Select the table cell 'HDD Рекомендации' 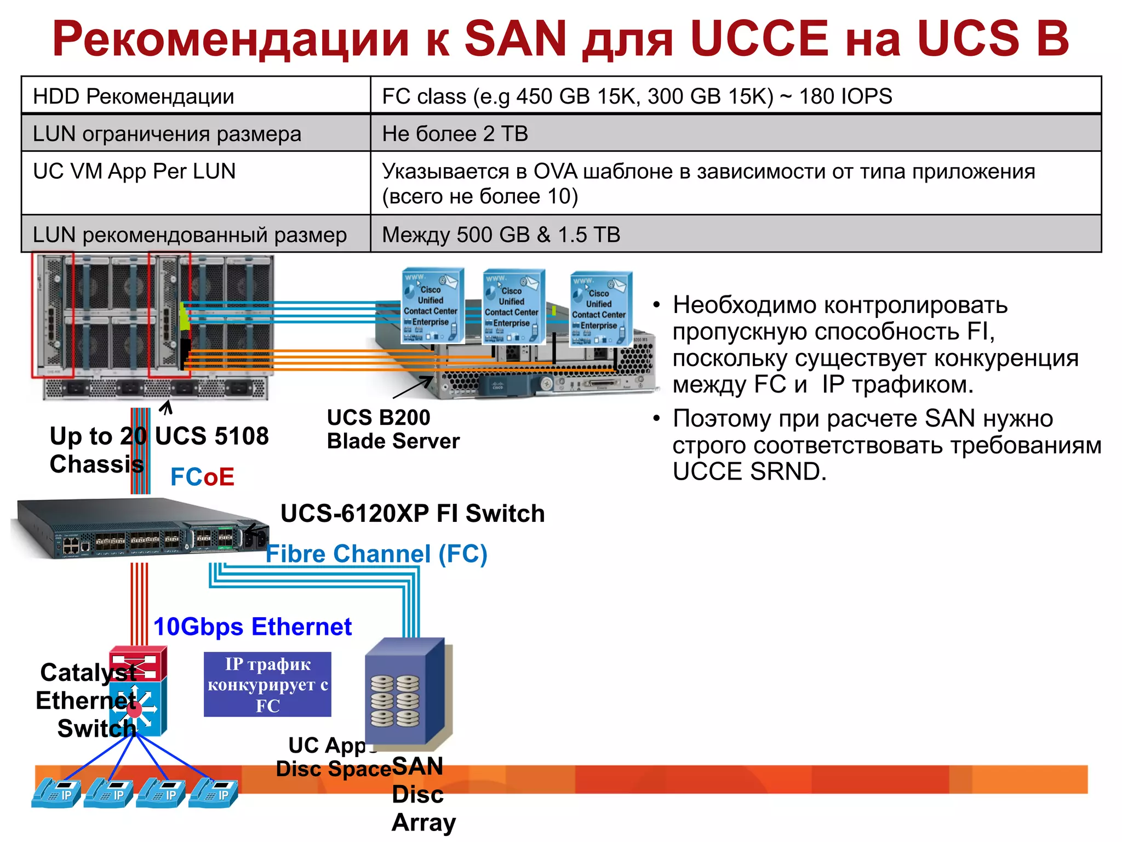tap(134, 96)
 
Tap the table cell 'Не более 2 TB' tap(455, 134)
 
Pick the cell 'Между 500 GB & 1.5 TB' tap(501, 235)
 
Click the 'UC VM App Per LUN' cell tap(134, 172)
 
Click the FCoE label tap(202, 477)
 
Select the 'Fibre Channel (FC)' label tap(376, 554)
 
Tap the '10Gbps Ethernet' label tap(253, 627)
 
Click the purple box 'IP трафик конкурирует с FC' tap(267, 685)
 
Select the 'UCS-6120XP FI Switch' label tap(413, 514)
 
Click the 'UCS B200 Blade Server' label tap(393, 429)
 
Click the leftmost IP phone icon tap(56, 793)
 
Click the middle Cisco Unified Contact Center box tap(513, 307)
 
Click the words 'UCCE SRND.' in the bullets tap(749, 472)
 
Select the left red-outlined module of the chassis tap(53, 315)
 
